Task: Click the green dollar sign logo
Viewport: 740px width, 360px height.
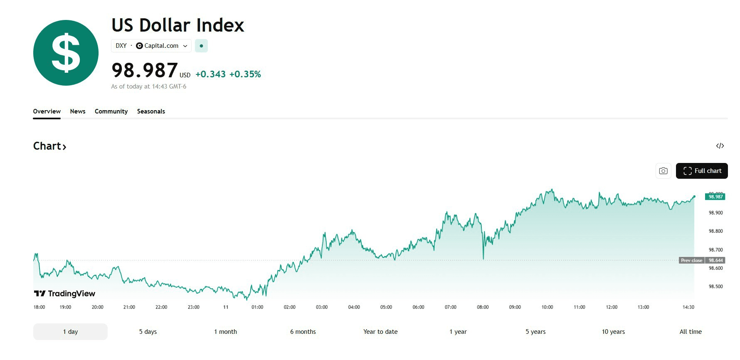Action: point(66,53)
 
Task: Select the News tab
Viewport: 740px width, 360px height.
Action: point(78,111)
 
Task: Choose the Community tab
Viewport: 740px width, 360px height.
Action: point(111,111)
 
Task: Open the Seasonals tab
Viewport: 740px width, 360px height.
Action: point(151,111)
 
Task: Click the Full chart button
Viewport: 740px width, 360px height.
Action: point(702,171)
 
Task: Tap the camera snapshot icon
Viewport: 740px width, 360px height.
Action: point(663,171)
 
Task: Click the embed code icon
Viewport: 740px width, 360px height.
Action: point(720,146)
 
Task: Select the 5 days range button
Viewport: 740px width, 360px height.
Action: point(148,332)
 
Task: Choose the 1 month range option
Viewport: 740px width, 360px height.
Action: point(225,332)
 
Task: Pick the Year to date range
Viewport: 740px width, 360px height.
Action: point(380,332)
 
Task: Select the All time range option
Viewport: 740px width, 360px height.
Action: point(691,332)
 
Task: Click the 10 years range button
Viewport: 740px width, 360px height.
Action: point(613,332)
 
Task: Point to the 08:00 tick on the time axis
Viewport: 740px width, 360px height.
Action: point(483,307)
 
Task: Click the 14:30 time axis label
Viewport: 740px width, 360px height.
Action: point(688,307)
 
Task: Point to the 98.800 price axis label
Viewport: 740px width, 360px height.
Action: point(715,231)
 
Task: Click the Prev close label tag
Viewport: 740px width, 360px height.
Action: point(691,260)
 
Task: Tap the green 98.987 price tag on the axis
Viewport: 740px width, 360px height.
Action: point(715,197)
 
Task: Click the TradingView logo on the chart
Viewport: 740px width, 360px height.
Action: point(64,293)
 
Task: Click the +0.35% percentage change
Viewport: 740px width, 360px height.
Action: point(245,74)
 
